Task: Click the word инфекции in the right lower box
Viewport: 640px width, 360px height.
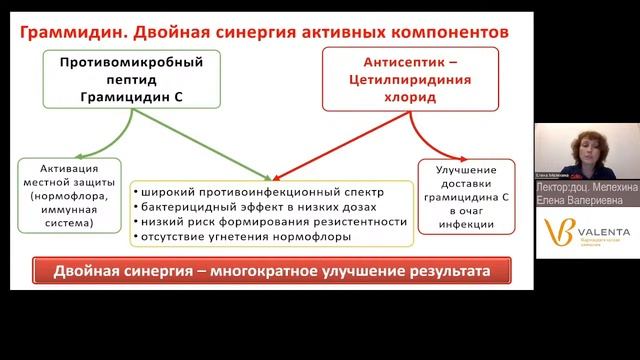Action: (x=465, y=226)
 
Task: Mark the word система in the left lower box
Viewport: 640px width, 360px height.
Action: (x=69, y=225)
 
